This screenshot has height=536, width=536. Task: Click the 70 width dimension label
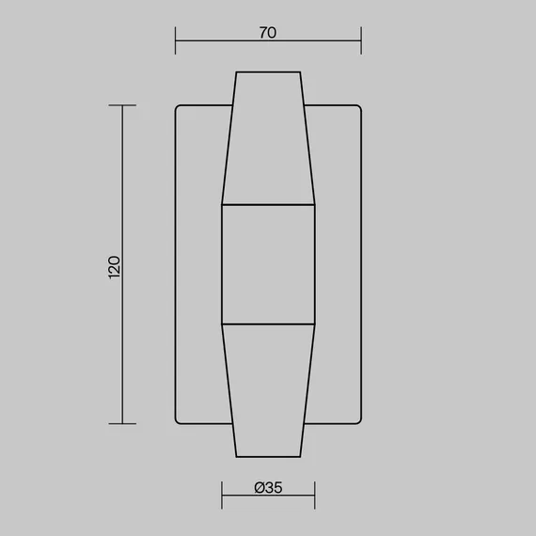[x=268, y=33]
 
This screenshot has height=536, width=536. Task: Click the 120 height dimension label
[x=114, y=267]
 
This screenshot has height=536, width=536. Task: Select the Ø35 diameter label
[x=268, y=487]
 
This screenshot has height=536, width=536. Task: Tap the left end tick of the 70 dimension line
[x=175, y=40]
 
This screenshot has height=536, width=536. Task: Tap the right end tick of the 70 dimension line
[x=361, y=40]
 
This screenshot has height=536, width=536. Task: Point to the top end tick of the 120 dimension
[x=122, y=105]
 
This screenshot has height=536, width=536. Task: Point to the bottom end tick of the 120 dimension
[x=122, y=423]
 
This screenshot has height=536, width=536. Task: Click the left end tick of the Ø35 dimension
[x=222, y=495]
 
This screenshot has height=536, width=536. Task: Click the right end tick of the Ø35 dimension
[x=315, y=495]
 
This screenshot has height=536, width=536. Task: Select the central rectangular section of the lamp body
[x=268, y=264]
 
